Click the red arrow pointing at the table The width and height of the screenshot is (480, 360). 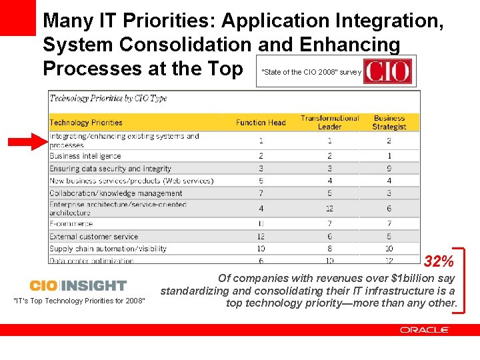point(27,141)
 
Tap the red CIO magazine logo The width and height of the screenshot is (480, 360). point(388,71)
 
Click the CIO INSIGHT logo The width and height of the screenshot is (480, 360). point(78,285)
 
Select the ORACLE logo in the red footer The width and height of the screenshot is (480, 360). point(425,330)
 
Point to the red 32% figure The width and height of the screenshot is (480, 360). point(439,261)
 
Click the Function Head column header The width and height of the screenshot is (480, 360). point(261,123)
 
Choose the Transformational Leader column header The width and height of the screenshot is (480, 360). point(329,122)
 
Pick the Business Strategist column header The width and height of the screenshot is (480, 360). point(389,122)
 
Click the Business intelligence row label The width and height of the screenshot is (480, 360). point(85,156)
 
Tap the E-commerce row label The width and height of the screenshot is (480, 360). point(71,224)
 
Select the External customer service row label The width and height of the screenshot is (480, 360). point(93,237)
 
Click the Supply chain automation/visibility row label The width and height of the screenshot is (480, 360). point(108,249)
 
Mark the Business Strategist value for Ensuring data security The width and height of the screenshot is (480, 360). point(389,169)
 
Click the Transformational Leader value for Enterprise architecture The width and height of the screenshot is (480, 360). point(329,209)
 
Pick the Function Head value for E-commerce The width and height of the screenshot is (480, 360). point(261,224)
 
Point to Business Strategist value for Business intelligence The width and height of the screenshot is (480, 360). point(389,156)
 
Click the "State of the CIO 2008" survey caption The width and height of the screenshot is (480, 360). point(311,72)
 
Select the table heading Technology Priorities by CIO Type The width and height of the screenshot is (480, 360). point(108,99)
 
